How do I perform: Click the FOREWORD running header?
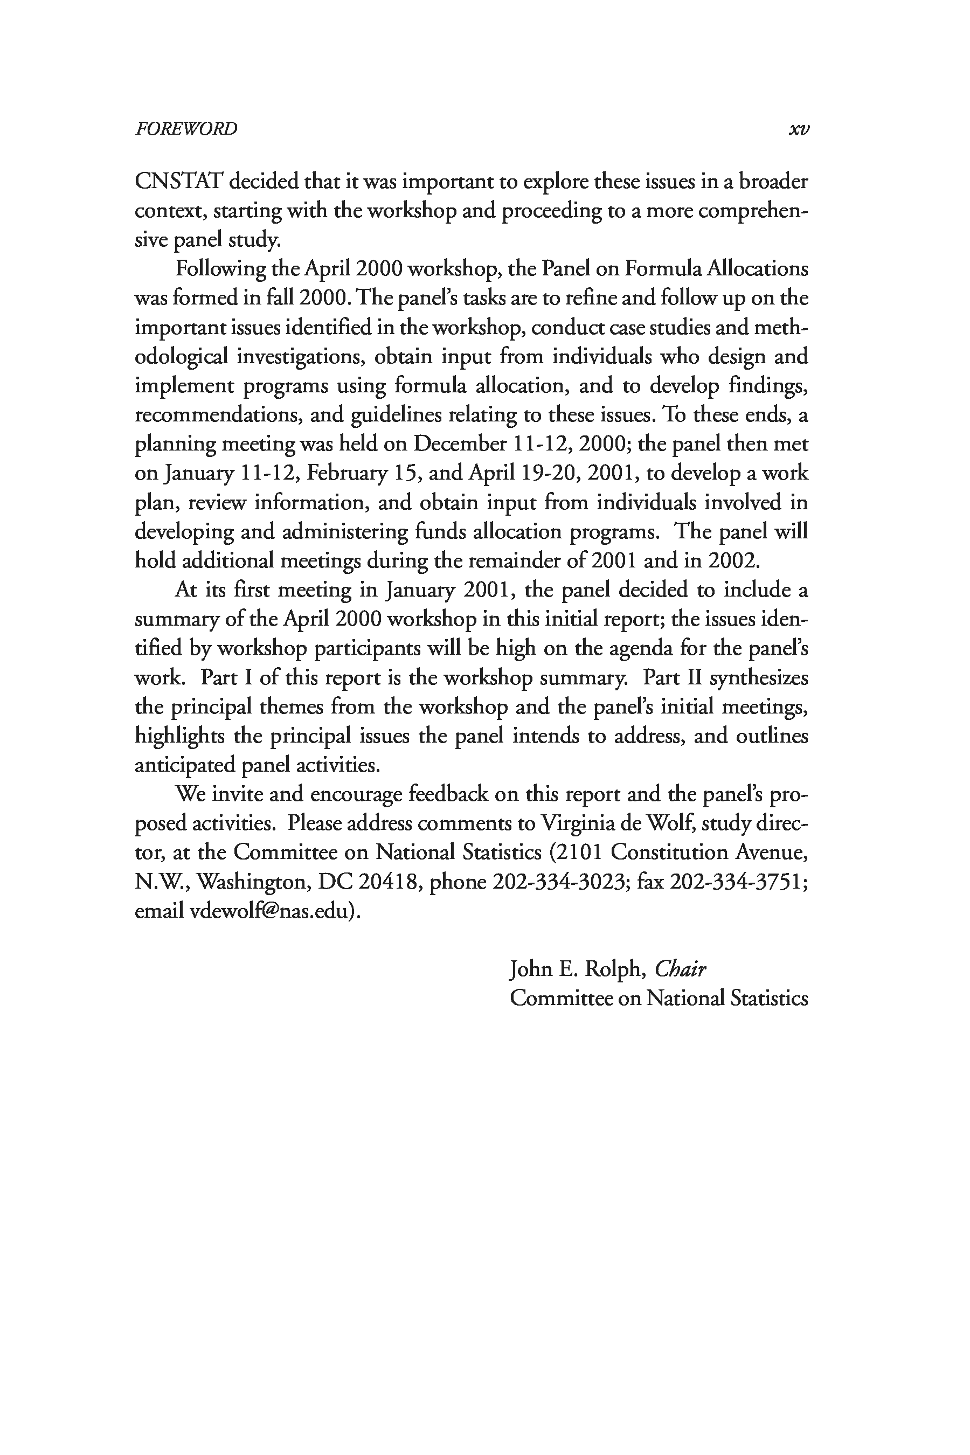[x=185, y=129]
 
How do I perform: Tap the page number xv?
[x=799, y=129]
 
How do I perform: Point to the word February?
[x=344, y=473]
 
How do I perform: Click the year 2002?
[x=732, y=560]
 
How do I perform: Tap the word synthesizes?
[x=758, y=677]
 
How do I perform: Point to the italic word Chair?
[x=680, y=969]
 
